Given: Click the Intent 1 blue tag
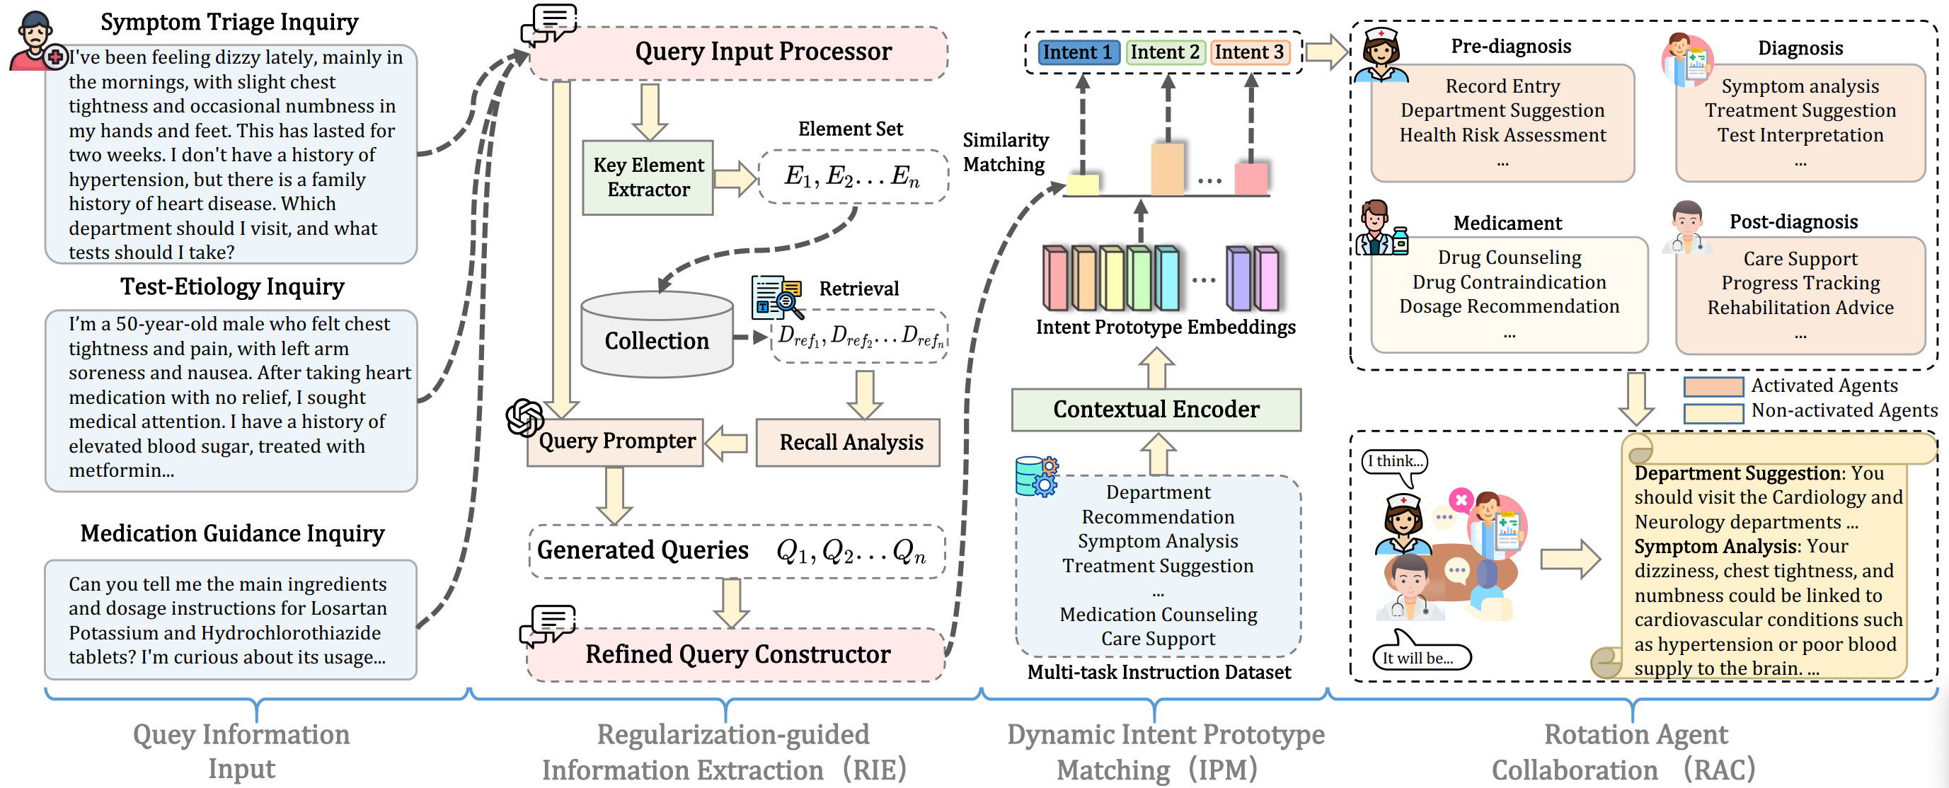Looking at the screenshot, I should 1078,52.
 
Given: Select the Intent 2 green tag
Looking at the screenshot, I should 1165,52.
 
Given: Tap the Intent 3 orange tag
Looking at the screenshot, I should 1249,52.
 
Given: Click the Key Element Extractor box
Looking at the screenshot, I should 648,178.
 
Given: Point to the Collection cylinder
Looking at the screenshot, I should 657,335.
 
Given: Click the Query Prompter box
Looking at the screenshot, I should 616,441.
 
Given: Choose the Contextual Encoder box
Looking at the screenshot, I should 1156,410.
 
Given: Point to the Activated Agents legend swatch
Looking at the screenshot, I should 1713,386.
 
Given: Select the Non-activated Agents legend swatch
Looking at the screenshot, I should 1713,413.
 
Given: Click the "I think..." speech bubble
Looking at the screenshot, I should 1394,462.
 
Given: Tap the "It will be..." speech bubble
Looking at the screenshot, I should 1420,657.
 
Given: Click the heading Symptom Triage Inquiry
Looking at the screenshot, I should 229,22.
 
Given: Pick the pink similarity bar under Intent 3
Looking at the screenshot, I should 1251,179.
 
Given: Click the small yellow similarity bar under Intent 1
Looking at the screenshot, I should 1083,185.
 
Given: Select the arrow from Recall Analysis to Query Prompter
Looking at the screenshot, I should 727,443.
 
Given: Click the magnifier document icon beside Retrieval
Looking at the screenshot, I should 776,297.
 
